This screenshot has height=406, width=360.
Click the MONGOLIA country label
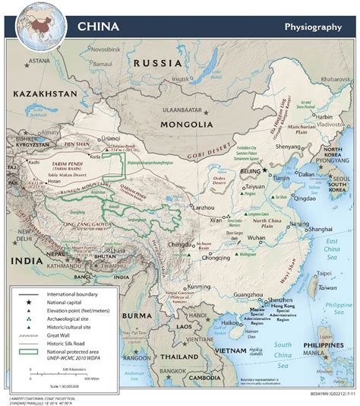point(185,124)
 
